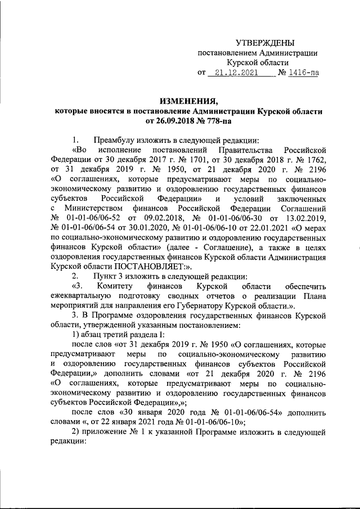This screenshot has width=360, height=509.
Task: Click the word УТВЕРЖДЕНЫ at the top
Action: tap(264, 43)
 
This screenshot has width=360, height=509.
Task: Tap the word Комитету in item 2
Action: tap(118, 286)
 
